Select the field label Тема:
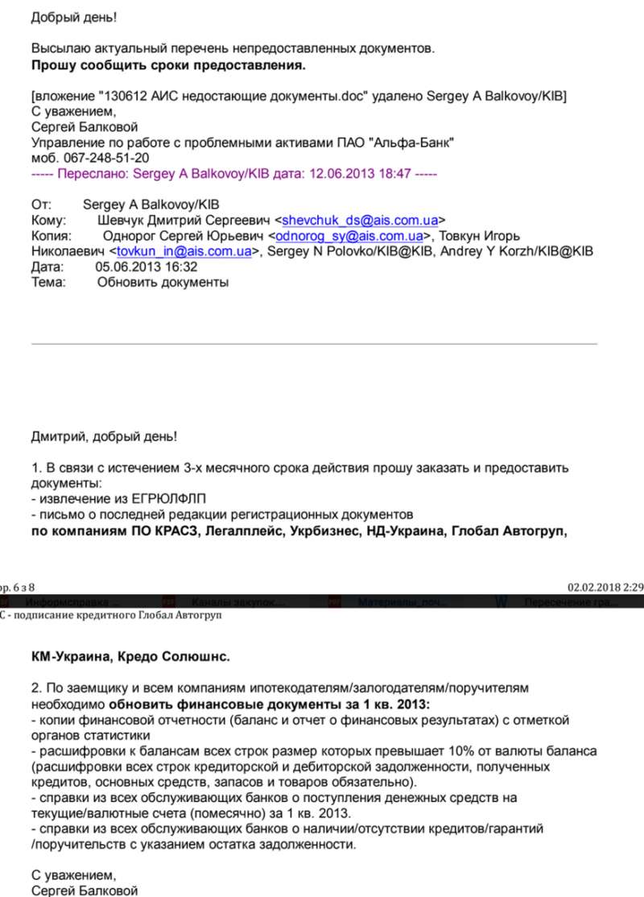tap(49, 283)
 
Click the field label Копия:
tap(52, 236)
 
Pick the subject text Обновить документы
tap(163, 283)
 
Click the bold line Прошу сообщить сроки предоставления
tap(168, 64)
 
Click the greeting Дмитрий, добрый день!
tap(104, 436)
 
